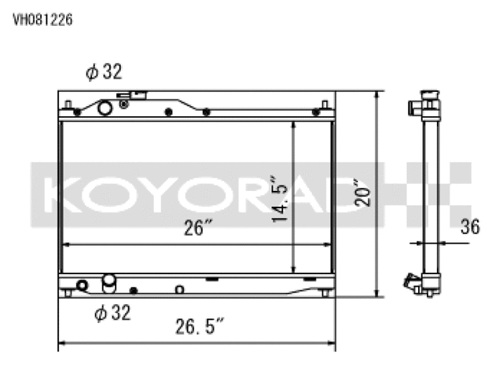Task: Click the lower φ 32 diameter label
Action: (112, 314)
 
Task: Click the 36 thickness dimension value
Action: (469, 228)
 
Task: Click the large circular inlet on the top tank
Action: (105, 108)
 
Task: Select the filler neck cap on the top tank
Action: (133, 97)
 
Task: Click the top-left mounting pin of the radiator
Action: (68, 105)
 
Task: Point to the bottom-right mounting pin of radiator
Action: (324, 292)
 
